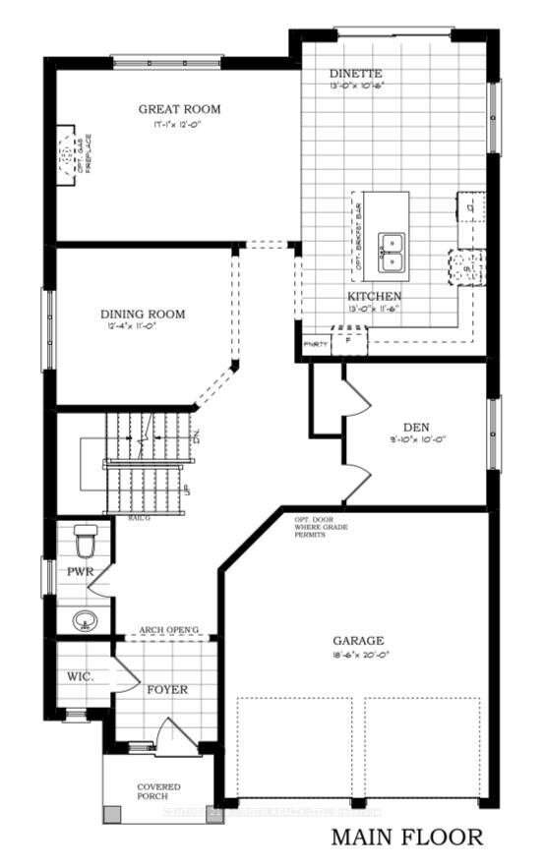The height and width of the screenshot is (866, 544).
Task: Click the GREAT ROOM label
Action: pos(179,109)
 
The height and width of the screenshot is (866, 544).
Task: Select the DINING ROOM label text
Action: pos(143,315)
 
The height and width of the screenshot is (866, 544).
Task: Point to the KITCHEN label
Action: pos(374,296)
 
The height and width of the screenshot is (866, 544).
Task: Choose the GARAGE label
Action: pos(357,640)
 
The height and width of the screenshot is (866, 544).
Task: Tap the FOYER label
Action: pos(166,689)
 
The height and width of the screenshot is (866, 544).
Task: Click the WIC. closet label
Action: pos(80,677)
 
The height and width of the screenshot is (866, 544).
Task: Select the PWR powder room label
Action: pos(80,570)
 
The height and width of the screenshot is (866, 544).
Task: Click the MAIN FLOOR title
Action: pos(406,837)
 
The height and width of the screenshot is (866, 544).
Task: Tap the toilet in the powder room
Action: pos(86,540)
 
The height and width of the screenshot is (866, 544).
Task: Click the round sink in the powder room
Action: pos(86,620)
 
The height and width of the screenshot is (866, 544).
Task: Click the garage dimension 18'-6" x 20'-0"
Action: pos(357,656)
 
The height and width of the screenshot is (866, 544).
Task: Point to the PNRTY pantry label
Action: pos(315,344)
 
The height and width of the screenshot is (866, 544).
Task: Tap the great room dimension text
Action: pos(179,126)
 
